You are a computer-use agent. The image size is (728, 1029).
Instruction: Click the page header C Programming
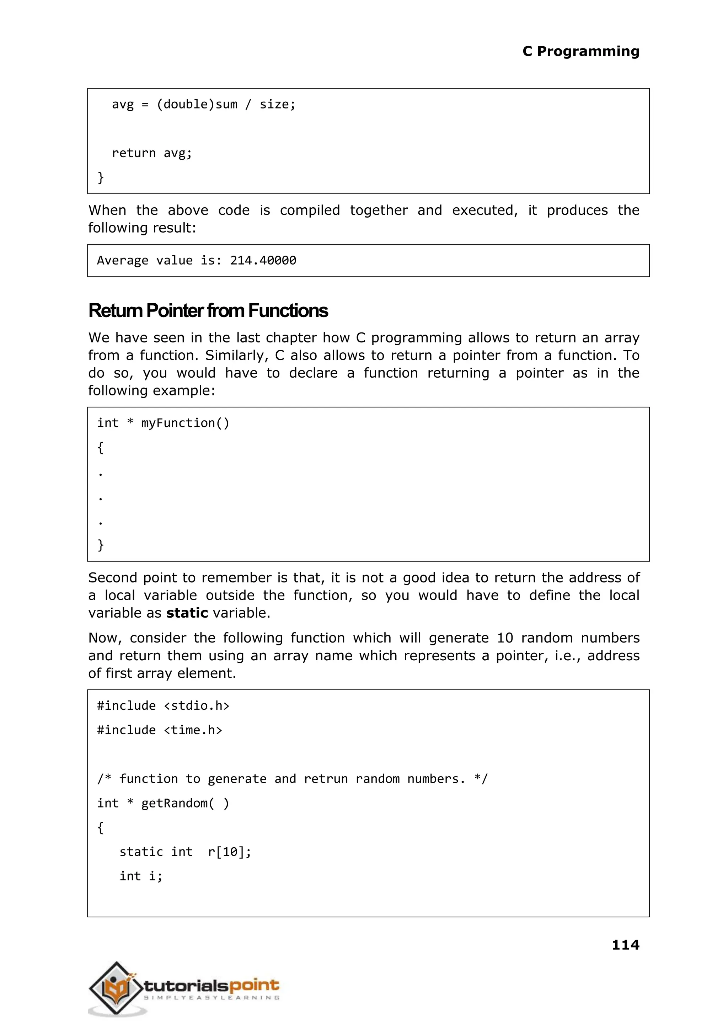point(580,51)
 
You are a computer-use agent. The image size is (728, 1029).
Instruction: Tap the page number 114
point(625,945)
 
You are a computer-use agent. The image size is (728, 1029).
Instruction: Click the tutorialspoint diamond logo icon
point(116,988)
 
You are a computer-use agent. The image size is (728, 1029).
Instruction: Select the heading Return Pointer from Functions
point(208,311)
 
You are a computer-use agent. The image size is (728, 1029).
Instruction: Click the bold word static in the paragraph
point(187,613)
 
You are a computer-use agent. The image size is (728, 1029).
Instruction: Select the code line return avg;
point(151,153)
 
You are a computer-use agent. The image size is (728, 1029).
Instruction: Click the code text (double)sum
point(197,105)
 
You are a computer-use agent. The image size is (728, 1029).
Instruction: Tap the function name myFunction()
point(185,423)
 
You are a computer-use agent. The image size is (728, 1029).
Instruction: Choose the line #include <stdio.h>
point(163,706)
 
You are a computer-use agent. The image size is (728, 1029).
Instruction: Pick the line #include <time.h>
point(160,730)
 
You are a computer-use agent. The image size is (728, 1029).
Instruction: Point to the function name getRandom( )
point(185,803)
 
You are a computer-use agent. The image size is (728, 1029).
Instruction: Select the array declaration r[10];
point(230,852)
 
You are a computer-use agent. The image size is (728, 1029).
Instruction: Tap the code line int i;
point(141,876)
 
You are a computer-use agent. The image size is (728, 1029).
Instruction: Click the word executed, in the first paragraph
point(485,210)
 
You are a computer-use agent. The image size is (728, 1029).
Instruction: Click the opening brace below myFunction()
point(100,447)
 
